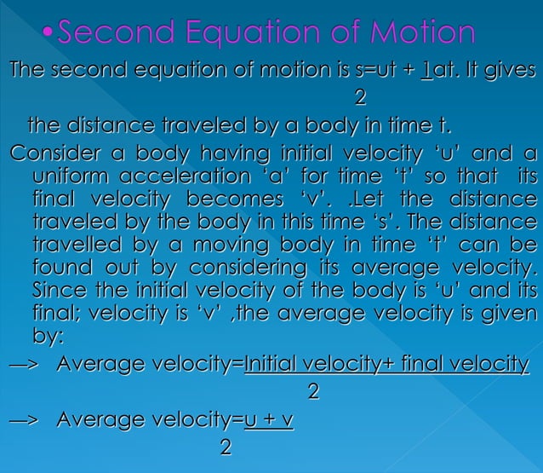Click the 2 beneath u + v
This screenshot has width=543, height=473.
click(x=225, y=447)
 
